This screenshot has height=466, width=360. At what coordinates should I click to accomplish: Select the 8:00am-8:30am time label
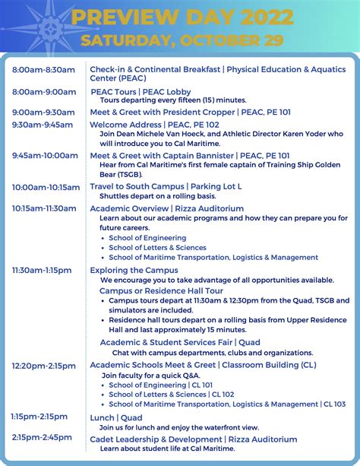pyautogui.click(x=43, y=70)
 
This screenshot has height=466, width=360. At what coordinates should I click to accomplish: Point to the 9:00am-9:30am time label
pyautogui.click(x=43, y=113)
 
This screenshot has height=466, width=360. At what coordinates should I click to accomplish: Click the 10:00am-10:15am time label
pyautogui.click(x=46, y=187)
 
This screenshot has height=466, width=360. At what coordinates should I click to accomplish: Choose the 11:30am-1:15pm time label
pyautogui.click(x=42, y=270)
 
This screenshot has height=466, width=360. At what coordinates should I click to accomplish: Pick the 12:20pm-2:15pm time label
pyautogui.click(x=44, y=366)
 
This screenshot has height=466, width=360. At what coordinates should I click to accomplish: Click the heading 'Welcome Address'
pyautogui.click(x=125, y=125)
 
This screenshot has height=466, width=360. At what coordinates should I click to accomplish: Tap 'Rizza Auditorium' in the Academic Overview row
pyautogui.click(x=208, y=208)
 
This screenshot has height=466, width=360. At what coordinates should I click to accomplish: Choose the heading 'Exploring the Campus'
pyautogui.click(x=134, y=270)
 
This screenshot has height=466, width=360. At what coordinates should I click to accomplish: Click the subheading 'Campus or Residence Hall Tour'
pyautogui.click(x=161, y=290)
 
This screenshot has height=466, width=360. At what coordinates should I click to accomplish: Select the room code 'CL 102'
pyautogui.click(x=223, y=395)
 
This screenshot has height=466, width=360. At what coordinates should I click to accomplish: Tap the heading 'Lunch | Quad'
pyautogui.click(x=115, y=417)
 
